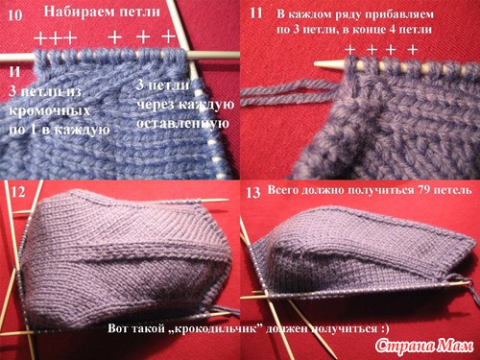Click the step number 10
coord(15,15)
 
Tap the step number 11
coord(256,13)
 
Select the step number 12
coord(18,192)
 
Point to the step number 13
coord(253,193)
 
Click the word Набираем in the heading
coord(80,12)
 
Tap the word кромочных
coord(49,111)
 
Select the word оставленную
coord(182,124)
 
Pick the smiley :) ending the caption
coord(384,328)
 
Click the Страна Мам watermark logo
coord(424,346)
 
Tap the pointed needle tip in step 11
coord(315,63)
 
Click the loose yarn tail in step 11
coord(288,93)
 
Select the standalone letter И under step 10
coord(14,72)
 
